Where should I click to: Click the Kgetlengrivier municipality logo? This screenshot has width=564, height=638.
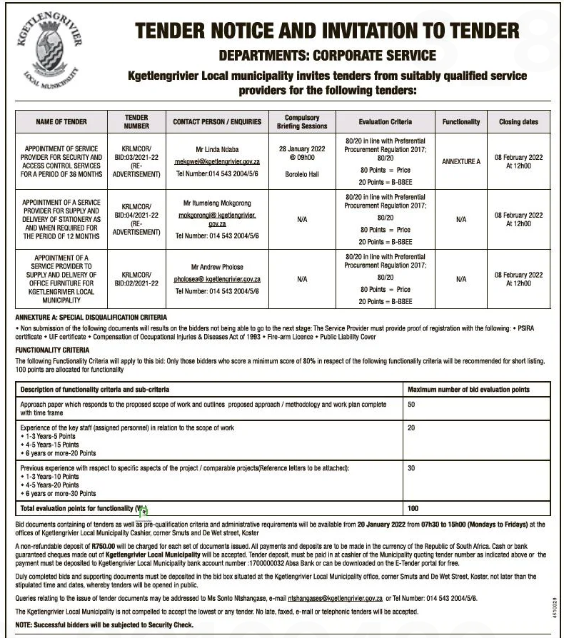49,52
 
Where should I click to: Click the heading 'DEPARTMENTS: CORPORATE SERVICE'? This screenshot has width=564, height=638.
327,55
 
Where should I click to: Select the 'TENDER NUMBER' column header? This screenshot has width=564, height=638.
136,121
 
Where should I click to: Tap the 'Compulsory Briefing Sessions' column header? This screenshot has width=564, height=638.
302,121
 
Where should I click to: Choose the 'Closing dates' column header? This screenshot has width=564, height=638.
518,122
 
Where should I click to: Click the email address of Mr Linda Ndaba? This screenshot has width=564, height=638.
217,162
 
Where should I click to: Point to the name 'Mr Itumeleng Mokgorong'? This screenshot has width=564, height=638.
217,203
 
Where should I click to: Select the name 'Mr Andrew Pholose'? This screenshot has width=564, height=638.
217,268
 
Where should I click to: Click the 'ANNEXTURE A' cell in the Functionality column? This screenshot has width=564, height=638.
460,162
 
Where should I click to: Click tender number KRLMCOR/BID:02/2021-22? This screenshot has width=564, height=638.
136,278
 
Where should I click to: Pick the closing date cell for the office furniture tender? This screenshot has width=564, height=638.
518,279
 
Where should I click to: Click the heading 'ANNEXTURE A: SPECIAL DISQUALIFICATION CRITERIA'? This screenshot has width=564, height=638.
91,317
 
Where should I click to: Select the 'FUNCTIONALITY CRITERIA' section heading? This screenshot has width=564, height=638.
53,350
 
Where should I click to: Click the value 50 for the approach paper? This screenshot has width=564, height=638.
411,405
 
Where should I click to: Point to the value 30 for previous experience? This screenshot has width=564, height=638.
411,468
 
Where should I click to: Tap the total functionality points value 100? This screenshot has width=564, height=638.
413,509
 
